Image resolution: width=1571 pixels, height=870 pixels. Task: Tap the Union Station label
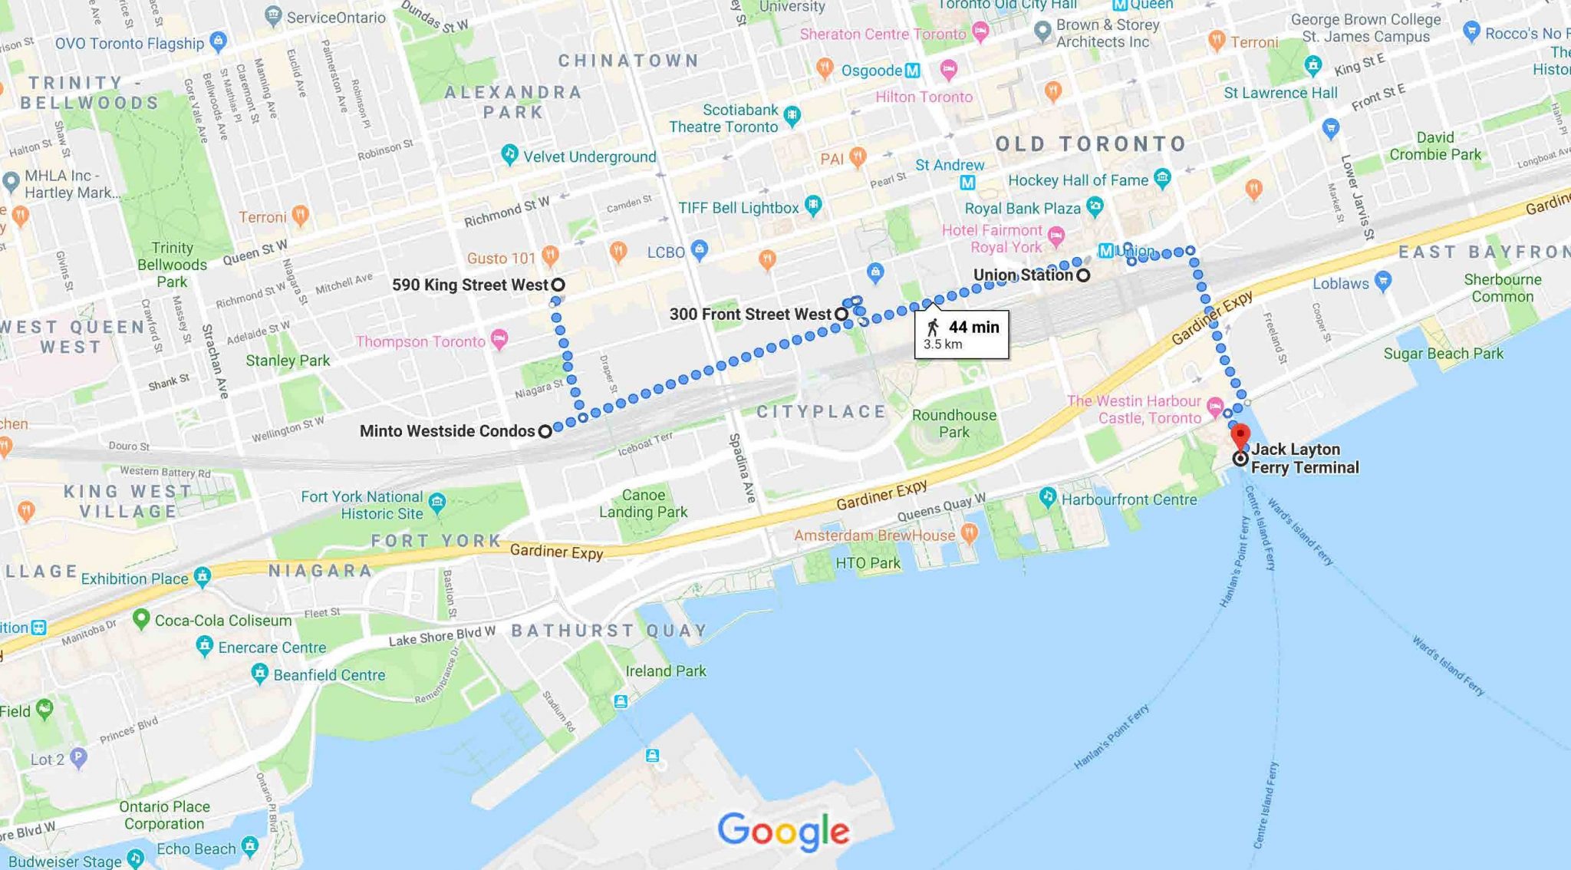tap(1023, 275)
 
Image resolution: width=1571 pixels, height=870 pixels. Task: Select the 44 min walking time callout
tap(961, 334)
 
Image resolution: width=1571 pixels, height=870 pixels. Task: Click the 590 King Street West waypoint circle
tap(558, 285)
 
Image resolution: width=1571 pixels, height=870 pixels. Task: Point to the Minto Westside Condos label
tap(447, 431)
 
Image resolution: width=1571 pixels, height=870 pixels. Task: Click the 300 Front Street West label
tap(750, 314)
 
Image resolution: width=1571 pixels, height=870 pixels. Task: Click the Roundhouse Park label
tap(954, 423)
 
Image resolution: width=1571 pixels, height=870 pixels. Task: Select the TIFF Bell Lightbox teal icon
tap(814, 206)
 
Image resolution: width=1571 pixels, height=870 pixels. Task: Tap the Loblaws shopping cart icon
tap(1383, 281)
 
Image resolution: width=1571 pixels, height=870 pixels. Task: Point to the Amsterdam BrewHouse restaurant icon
tap(970, 532)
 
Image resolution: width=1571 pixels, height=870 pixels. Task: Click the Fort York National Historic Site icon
tap(437, 503)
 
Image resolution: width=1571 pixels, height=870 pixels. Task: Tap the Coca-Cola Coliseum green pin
tap(141, 618)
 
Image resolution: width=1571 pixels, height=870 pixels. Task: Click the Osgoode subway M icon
tap(912, 71)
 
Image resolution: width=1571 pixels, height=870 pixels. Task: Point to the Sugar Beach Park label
tap(1443, 354)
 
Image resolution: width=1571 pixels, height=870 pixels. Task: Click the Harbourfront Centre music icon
tap(1048, 497)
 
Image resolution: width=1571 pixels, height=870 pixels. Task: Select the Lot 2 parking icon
tap(78, 758)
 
